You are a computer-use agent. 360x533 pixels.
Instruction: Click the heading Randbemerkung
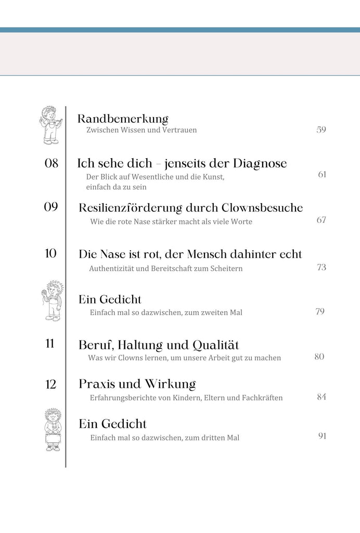point(123,119)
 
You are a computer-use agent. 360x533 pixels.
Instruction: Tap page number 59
point(321,130)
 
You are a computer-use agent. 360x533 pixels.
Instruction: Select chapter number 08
point(52,163)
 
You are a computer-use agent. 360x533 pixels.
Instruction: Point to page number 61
point(322,174)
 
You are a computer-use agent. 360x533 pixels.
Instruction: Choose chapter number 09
point(51,207)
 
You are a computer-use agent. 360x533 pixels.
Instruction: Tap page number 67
point(321,220)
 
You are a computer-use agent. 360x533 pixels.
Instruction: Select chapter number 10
point(51,253)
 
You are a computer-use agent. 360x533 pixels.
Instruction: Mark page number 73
point(321,268)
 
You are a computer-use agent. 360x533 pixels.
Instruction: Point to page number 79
point(320,312)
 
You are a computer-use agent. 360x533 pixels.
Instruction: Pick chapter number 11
point(50,344)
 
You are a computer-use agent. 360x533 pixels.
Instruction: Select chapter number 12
point(51,385)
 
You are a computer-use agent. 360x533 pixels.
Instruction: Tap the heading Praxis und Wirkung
point(137,385)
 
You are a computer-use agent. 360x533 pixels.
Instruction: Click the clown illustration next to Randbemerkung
point(50,125)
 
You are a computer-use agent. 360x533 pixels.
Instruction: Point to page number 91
point(322,436)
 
